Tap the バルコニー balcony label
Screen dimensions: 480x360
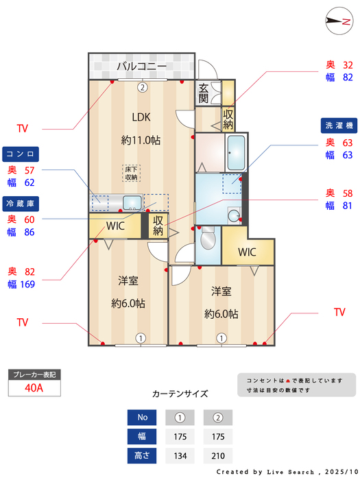click(x=141, y=67)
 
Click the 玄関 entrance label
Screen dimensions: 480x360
click(x=204, y=93)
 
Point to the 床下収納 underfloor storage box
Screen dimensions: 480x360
click(x=131, y=173)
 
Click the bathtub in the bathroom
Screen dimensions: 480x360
click(x=237, y=152)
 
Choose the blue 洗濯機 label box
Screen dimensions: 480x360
click(x=339, y=125)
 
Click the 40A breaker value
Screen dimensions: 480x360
click(x=34, y=387)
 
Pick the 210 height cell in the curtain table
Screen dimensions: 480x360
click(x=218, y=455)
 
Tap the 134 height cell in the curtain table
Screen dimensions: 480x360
click(x=180, y=455)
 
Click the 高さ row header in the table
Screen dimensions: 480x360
click(x=143, y=455)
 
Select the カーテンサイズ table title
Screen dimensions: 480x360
click(x=180, y=394)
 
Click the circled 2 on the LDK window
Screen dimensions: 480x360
click(x=142, y=87)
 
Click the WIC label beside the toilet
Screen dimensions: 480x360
click(x=248, y=252)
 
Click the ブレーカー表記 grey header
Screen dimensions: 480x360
click(x=34, y=374)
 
